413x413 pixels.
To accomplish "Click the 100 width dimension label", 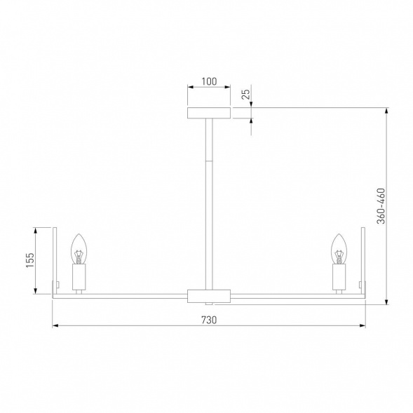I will click(x=208, y=81).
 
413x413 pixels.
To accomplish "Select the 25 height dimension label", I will click(x=245, y=94).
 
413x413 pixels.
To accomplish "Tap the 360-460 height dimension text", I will click(x=380, y=206).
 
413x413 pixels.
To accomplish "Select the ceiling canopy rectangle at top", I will click(x=208, y=113).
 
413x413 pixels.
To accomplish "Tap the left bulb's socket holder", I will click(x=79, y=278).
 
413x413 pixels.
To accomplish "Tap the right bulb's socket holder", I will click(x=339, y=278).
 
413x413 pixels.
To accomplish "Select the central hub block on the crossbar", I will click(x=208, y=295).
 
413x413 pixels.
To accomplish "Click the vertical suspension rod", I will click(x=208, y=203).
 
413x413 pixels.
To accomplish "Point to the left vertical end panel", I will click(x=55, y=261).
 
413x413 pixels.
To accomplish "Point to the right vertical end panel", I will click(x=363, y=261).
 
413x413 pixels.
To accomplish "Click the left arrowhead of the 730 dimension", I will click(x=55, y=326).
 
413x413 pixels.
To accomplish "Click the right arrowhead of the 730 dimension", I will click(x=363, y=326).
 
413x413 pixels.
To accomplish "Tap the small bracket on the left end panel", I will click(x=59, y=284).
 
